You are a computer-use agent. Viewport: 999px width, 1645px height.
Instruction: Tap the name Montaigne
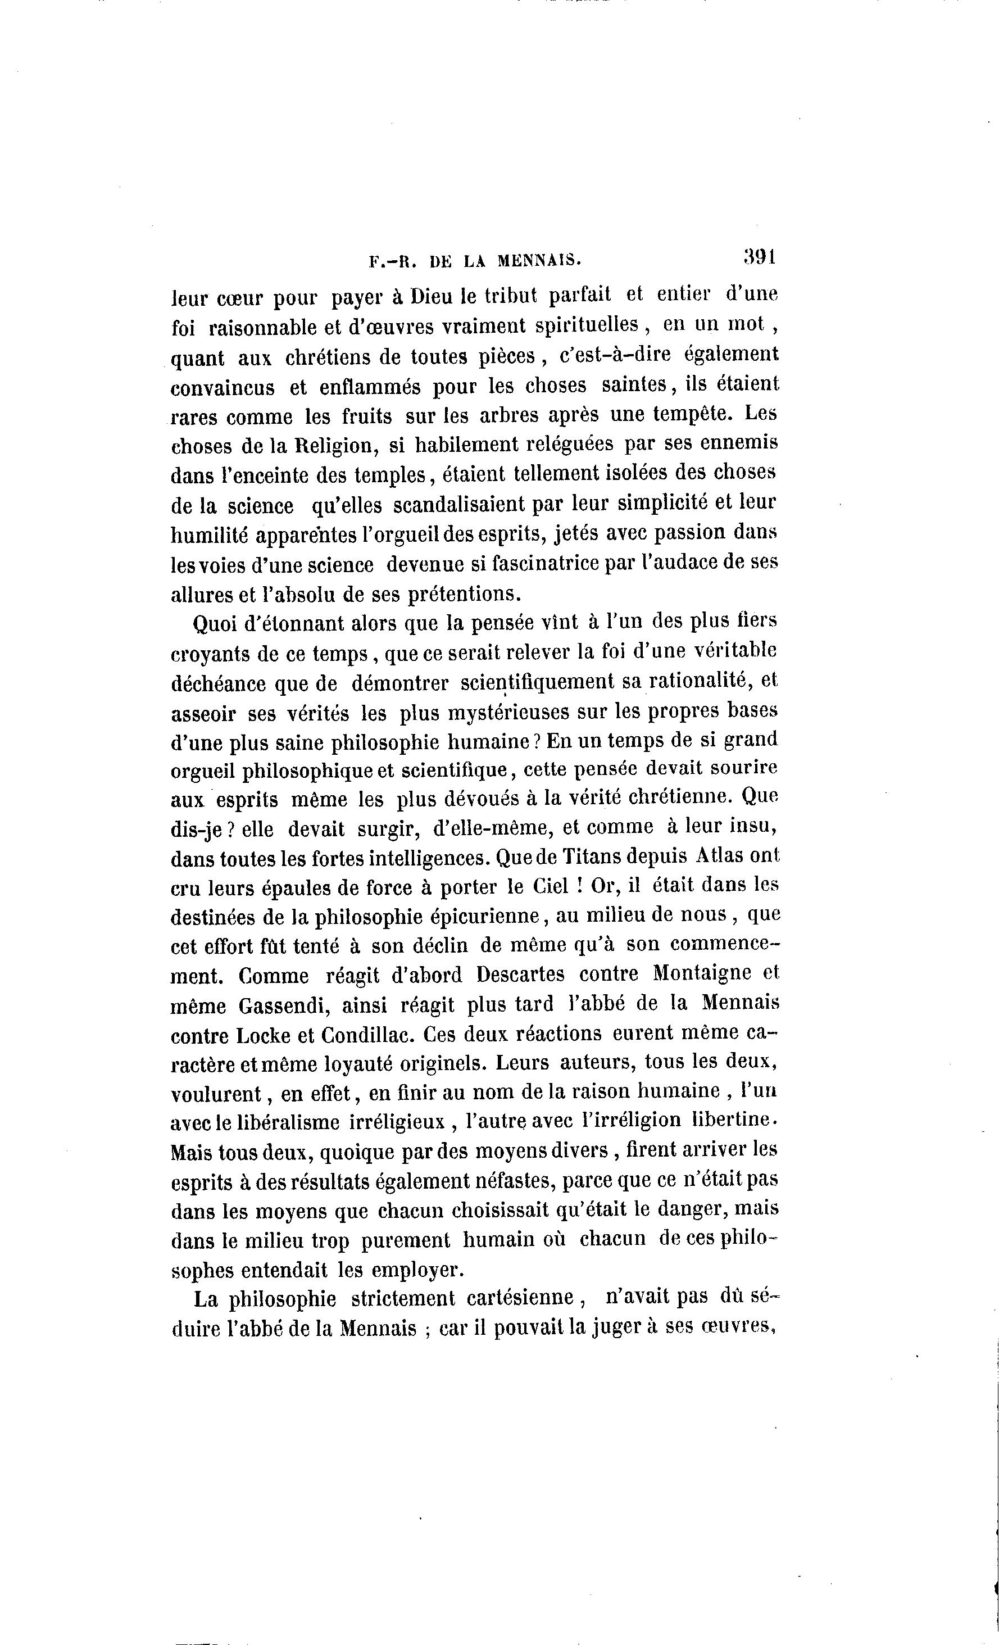700,975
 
